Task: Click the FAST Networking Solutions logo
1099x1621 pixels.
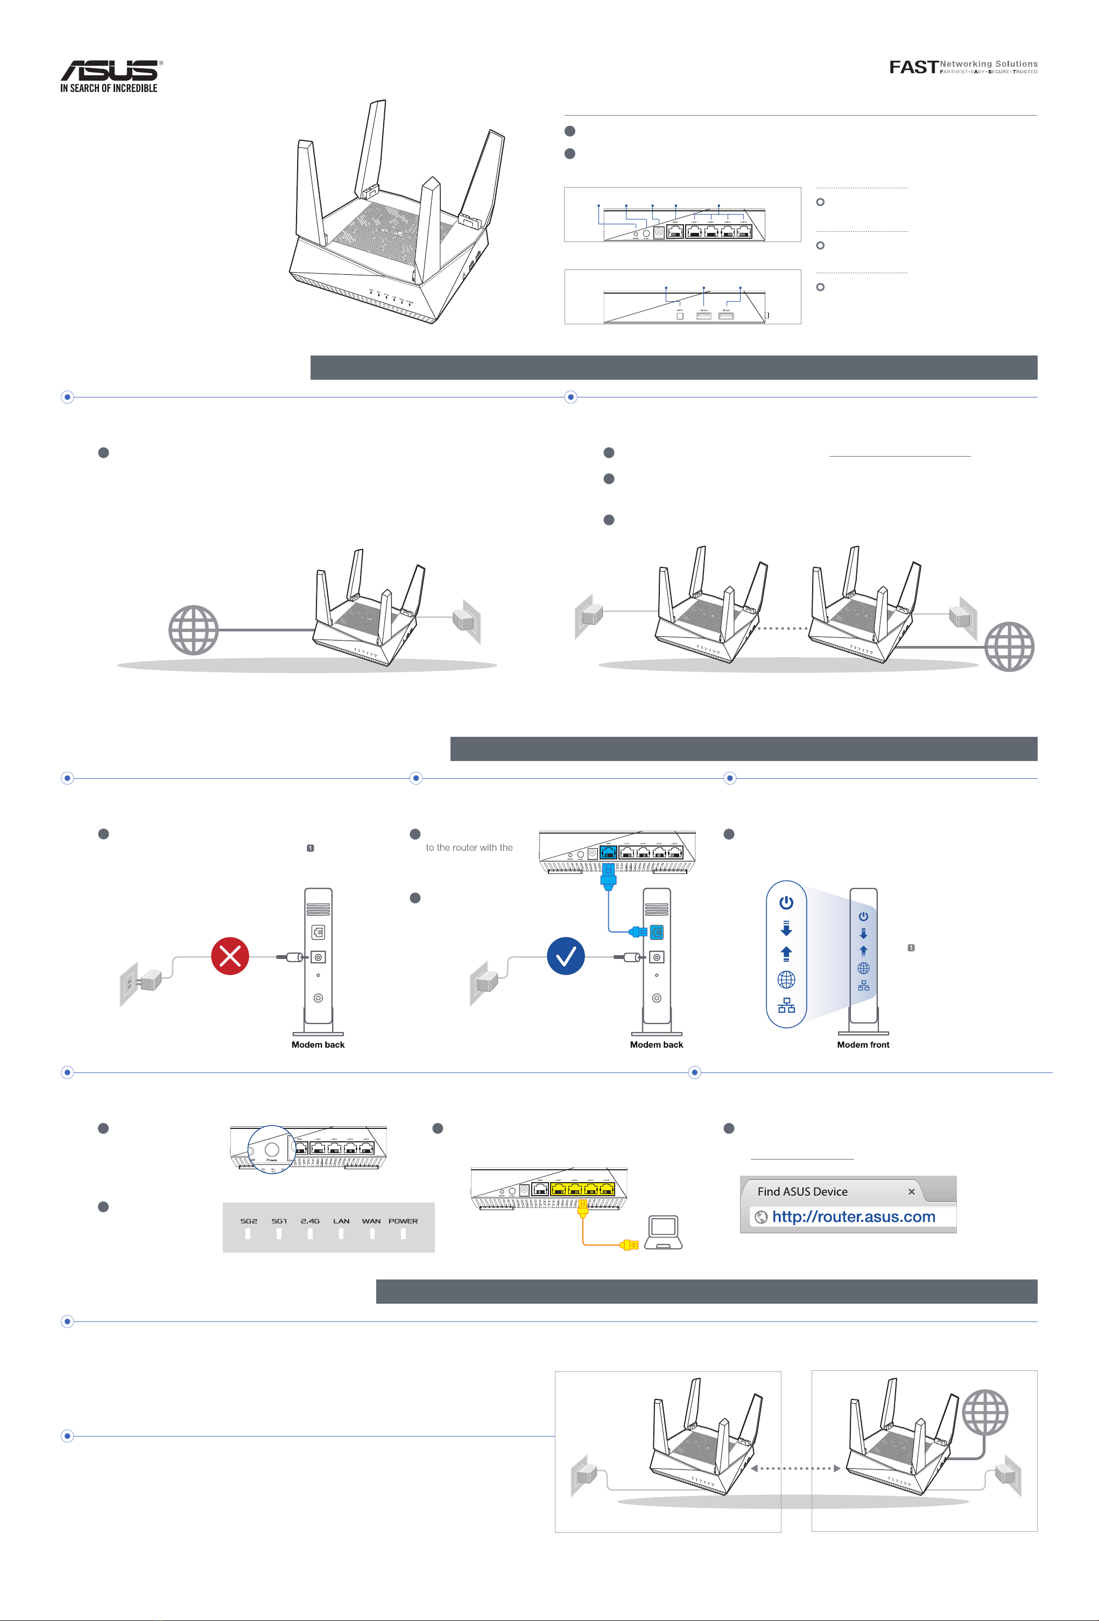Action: [x=962, y=67]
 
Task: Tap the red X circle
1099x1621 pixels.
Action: [x=230, y=956]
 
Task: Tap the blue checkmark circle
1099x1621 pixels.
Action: [x=565, y=956]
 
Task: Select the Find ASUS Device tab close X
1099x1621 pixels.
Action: [x=911, y=1191]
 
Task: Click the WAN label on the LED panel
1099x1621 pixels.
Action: [x=371, y=1221]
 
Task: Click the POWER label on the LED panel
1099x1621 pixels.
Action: [x=403, y=1221]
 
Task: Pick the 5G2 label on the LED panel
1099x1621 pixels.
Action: [x=249, y=1221]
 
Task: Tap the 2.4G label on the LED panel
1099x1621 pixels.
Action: [x=310, y=1221]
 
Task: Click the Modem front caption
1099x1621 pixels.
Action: [x=863, y=1044]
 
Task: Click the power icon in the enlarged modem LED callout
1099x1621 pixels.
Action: [x=786, y=902]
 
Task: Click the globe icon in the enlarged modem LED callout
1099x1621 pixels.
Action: [x=786, y=979]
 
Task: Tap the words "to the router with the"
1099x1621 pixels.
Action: [x=469, y=848]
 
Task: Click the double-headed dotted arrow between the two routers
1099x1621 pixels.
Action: [x=795, y=1468]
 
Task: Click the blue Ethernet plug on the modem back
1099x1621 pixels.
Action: [x=638, y=931]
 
